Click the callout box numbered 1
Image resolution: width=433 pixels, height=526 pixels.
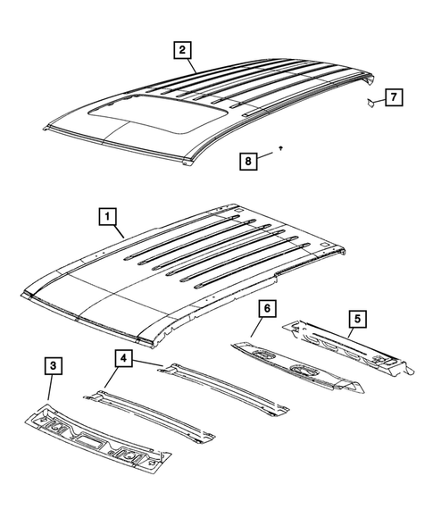tap(106, 215)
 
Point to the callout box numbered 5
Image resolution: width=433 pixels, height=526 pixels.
tap(356, 316)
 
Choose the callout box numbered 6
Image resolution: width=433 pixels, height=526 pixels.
tap(265, 309)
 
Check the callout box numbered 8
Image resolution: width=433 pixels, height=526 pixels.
tap(251, 160)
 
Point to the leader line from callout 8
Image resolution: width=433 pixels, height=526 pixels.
tap(269, 156)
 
